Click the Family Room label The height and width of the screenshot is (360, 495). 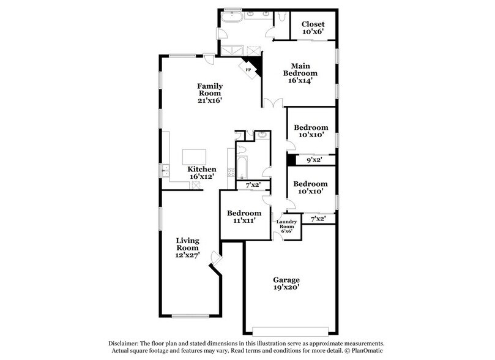pyautogui.click(x=209, y=92)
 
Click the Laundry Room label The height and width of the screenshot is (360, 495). pyautogui.click(x=287, y=226)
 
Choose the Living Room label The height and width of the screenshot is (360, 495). pyautogui.click(x=188, y=249)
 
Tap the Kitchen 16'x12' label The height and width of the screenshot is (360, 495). pyautogui.click(x=201, y=173)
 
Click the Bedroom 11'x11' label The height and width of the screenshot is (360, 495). pyautogui.click(x=244, y=217)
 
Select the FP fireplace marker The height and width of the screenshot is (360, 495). pyautogui.click(x=248, y=70)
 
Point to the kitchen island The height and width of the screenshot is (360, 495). pyautogui.click(x=194, y=156)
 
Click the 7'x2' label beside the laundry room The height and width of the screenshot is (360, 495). pyautogui.click(x=318, y=219)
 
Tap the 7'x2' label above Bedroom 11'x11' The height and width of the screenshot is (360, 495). pyautogui.click(x=252, y=184)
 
